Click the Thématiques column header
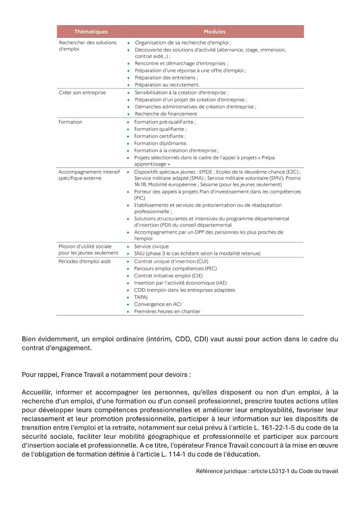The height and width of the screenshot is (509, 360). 91,32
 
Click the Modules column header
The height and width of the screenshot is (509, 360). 214,32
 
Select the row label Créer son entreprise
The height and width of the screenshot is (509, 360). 82,93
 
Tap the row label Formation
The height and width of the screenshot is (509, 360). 70,122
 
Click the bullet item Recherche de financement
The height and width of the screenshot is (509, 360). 165,114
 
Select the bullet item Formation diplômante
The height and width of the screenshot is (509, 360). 160,144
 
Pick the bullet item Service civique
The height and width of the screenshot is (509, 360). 151,246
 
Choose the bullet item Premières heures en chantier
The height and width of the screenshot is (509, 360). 167,311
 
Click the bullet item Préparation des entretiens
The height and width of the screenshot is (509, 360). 166,77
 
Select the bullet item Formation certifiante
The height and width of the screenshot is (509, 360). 160,136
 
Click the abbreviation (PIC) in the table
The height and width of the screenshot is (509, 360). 140,197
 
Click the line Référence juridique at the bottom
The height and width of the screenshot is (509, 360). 267,471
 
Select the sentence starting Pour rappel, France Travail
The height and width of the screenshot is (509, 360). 106,375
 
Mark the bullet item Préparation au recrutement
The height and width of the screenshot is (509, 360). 167,84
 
